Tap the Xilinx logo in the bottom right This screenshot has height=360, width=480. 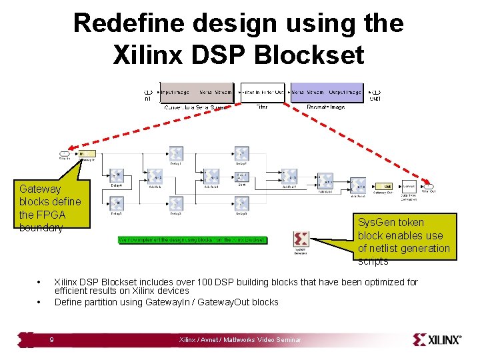(x=437, y=339)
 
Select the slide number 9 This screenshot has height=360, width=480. (x=52, y=340)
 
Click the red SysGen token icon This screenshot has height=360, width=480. (x=301, y=239)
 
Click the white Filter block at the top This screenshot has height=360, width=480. (x=262, y=93)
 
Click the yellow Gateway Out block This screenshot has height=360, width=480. (x=383, y=187)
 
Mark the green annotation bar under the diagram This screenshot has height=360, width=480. (x=192, y=239)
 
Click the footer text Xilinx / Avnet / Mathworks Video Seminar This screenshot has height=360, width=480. (x=240, y=340)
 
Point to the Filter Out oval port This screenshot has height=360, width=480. (x=430, y=187)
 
